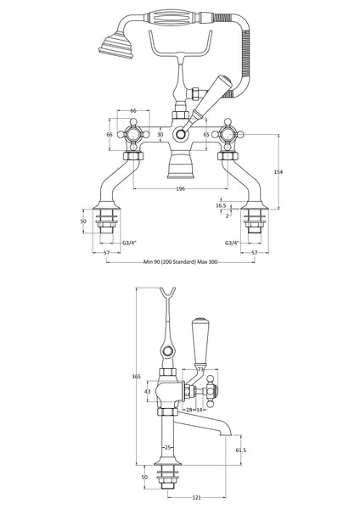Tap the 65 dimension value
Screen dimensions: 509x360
click(206, 134)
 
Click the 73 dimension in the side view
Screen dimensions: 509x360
click(200, 369)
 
